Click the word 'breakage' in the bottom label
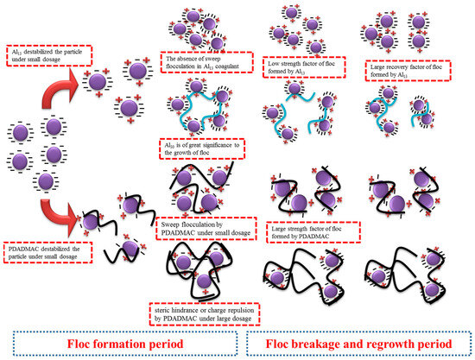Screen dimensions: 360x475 point(316,340)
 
